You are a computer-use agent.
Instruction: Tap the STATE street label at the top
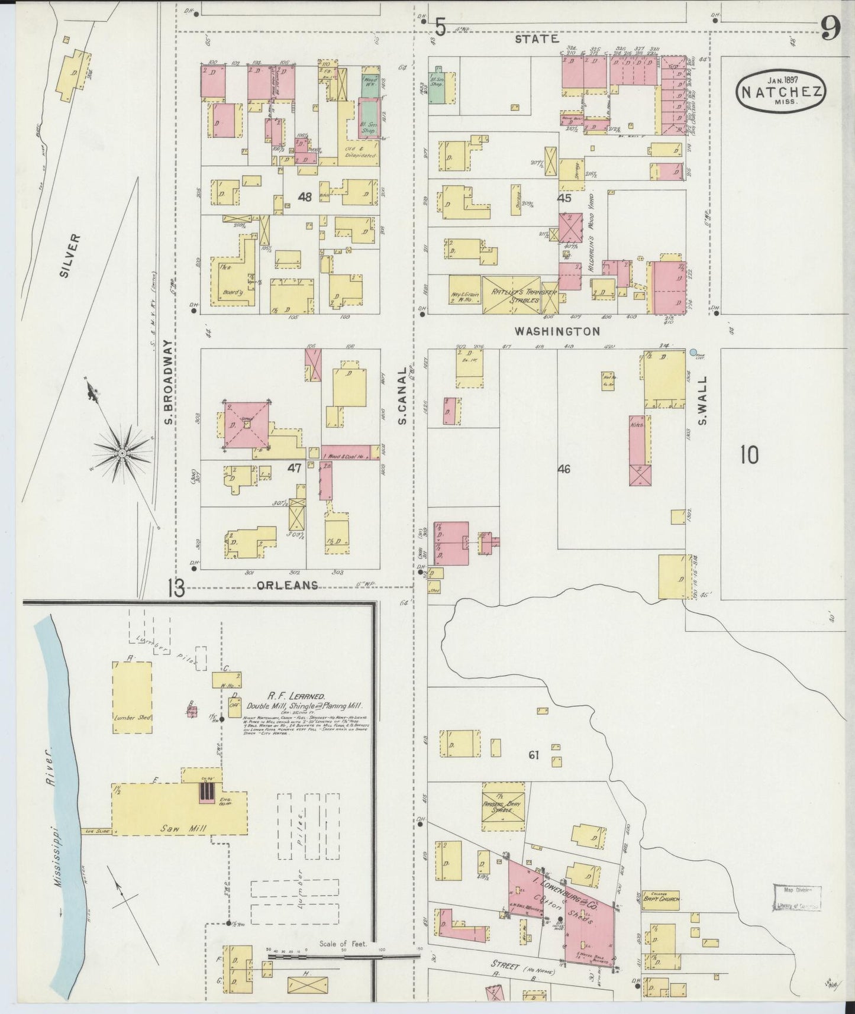click(537, 39)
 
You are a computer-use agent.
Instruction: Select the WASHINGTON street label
click(557, 331)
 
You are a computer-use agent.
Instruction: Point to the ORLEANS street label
click(288, 585)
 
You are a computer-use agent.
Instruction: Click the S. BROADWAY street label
click(167, 382)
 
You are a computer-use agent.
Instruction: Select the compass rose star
click(122, 454)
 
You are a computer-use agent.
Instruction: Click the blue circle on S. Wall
click(693, 352)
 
